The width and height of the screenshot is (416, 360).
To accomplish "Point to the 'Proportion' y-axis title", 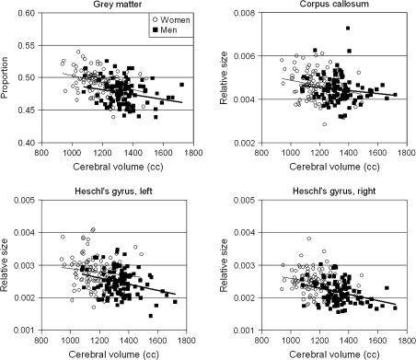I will point(7,77).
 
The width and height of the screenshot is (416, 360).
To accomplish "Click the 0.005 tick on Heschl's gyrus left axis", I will point(25,199).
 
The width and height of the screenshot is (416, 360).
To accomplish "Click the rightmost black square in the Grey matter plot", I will point(181,84).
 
